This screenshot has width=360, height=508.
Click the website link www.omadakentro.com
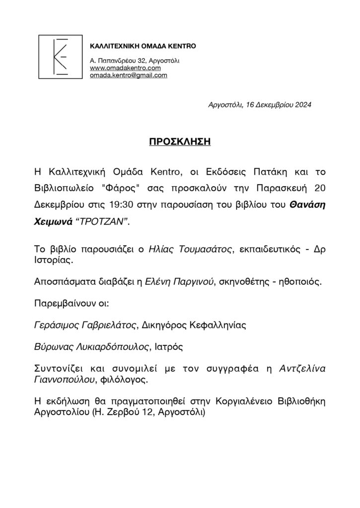click(125, 68)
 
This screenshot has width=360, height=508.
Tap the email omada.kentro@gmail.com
click(128, 75)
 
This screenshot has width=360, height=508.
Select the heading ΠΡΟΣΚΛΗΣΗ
click(180, 142)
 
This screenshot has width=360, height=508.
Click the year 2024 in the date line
click(301, 105)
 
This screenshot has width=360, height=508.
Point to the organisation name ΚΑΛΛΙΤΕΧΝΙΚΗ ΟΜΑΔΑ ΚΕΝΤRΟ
click(143, 47)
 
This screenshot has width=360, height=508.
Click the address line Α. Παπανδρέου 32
click(119, 61)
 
